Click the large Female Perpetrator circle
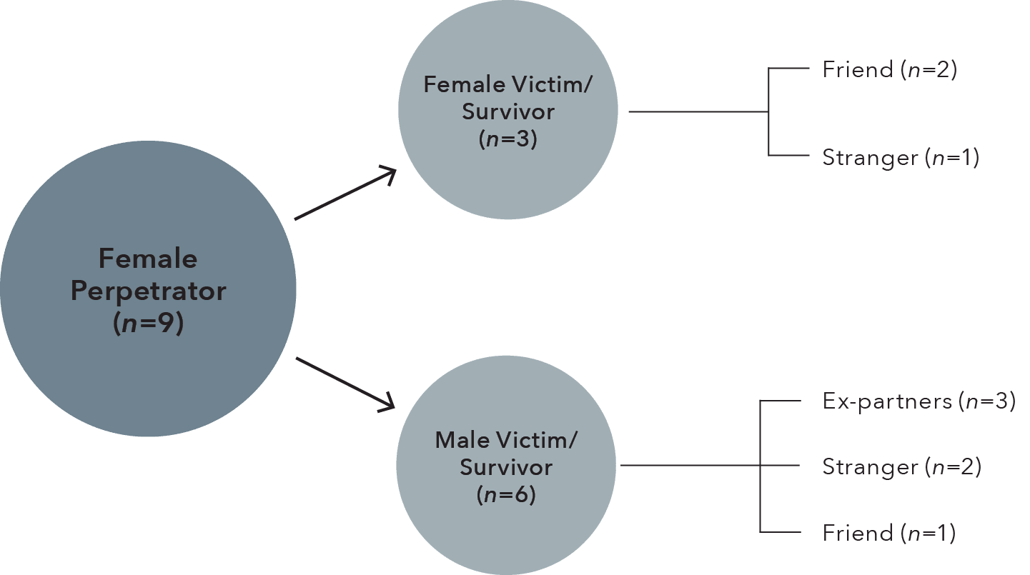tap(147, 214)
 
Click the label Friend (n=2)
tap(889, 69)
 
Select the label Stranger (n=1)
tap(899, 157)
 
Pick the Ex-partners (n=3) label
tap(918, 401)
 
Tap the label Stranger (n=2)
tap(901, 467)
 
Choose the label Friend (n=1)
tap(888, 533)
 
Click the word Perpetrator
tap(148, 291)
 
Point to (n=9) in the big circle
tap(148, 324)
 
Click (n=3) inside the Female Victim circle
tap(507, 139)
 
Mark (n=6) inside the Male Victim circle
tap(506, 494)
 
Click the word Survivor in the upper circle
tap(507, 112)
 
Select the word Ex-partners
tap(886, 401)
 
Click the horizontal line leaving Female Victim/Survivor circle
tap(697, 112)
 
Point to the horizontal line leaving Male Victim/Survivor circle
tap(690, 466)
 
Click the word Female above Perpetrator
tap(148, 258)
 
